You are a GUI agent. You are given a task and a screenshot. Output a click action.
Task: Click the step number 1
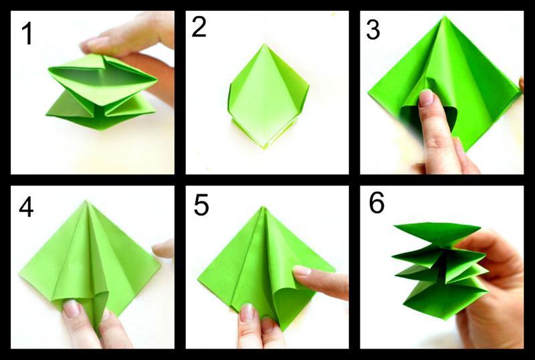click(x=27, y=34)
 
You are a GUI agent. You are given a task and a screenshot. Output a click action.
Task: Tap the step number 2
click(x=199, y=27)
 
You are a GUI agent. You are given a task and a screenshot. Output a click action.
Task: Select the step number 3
click(x=373, y=29)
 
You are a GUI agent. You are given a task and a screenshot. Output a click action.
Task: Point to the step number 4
click(x=26, y=207)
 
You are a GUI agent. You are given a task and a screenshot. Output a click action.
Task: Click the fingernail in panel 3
click(x=426, y=97)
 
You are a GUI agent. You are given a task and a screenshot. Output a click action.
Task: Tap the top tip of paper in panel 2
click(x=265, y=43)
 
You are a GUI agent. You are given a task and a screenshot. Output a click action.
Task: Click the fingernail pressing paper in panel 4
click(x=72, y=308)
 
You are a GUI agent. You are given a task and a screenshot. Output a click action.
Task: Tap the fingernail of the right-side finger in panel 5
click(x=302, y=271)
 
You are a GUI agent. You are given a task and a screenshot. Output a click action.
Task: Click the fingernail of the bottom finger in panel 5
click(x=247, y=313)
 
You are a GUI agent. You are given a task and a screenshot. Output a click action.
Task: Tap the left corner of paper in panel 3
click(x=368, y=92)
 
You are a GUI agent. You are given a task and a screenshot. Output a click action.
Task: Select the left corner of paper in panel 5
click(x=198, y=280)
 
